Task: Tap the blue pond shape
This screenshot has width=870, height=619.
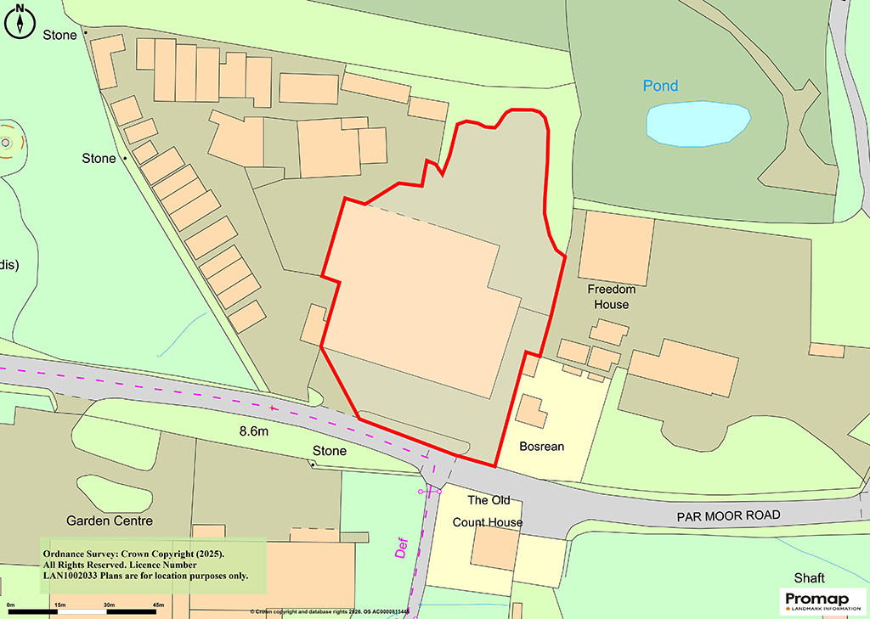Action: (x=698, y=123)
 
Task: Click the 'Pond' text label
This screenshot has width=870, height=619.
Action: (x=660, y=86)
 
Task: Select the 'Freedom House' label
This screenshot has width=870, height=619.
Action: (x=611, y=296)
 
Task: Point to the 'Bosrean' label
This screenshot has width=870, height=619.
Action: (x=541, y=446)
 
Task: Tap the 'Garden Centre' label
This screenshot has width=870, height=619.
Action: (x=110, y=520)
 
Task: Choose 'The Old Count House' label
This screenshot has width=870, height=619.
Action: (x=488, y=511)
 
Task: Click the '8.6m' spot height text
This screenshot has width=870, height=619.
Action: (x=253, y=432)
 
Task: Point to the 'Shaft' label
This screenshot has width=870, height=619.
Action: (x=809, y=577)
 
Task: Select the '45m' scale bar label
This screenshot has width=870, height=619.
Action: (x=158, y=604)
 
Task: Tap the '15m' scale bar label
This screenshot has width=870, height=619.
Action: (x=60, y=604)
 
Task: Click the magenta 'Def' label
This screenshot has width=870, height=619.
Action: (x=403, y=540)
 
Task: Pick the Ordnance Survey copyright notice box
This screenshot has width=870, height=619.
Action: (x=153, y=564)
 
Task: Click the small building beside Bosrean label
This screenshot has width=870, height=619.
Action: (x=533, y=411)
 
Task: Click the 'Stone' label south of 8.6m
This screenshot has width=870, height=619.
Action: (x=330, y=451)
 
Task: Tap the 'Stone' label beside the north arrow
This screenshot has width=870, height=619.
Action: (x=59, y=35)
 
